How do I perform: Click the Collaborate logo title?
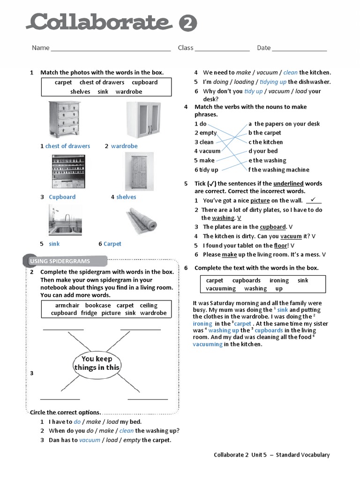pyautogui.click(x=100, y=22)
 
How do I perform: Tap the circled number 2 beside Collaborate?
pyautogui.click(x=187, y=23)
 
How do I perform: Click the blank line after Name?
pyautogui.click(x=111, y=48)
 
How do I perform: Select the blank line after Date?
pyautogui.click(x=299, y=48)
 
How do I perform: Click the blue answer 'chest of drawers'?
pyautogui.click(x=67, y=146)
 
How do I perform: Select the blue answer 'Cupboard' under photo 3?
pyautogui.click(x=62, y=197)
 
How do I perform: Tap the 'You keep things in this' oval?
pyautogui.click(x=97, y=363)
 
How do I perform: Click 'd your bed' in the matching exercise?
pyautogui.click(x=263, y=151)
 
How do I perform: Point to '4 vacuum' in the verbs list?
pyautogui.click(x=207, y=151)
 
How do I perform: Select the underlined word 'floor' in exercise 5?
pyautogui.click(x=280, y=246)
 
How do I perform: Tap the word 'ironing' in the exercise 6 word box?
pyautogui.click(x=279, y=281)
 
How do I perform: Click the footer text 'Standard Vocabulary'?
pyautogui.click(x=302, y=455)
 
